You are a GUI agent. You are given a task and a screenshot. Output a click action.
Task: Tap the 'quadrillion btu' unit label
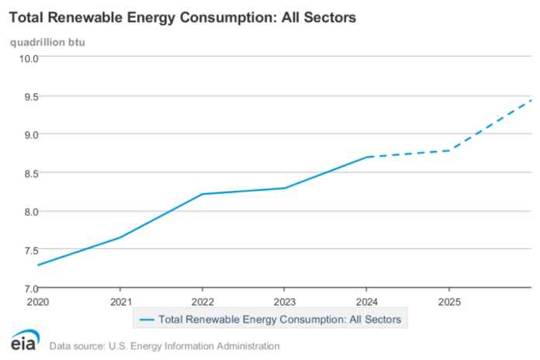point(47,41)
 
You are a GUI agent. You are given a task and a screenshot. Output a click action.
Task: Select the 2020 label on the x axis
point(37,299)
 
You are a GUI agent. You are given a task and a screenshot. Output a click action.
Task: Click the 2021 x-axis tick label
point(119,299)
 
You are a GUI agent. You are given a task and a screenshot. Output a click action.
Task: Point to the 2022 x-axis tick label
point(202,299)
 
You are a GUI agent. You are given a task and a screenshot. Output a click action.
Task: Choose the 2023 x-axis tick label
point(284,299)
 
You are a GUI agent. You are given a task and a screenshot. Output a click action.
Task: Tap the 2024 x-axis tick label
point(366,299)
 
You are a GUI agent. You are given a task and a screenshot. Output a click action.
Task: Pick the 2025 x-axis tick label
point(448,299)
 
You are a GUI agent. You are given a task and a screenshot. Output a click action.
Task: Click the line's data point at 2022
point(202,194)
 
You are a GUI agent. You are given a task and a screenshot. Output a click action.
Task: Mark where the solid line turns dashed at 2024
point(366,157)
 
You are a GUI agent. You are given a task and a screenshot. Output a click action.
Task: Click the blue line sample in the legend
point(146,319)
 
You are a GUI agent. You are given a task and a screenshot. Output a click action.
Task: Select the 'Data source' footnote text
point(164,345)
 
